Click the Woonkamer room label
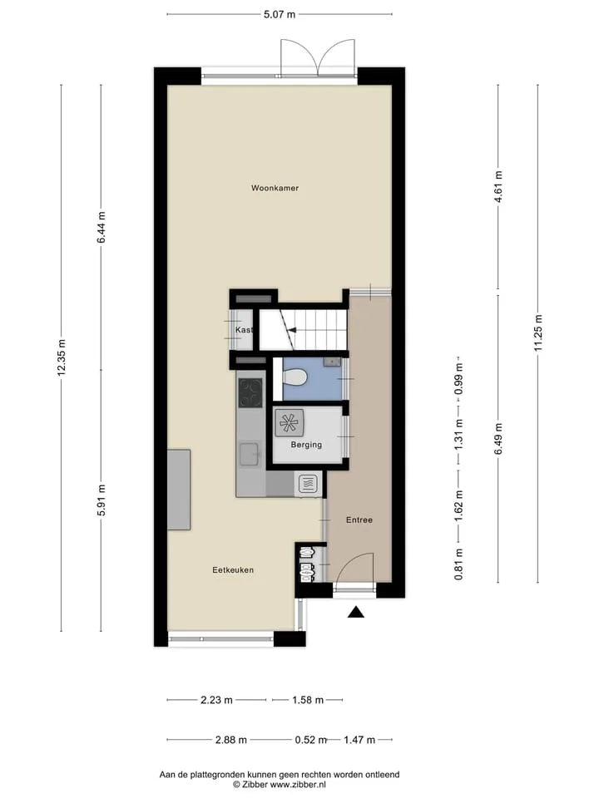275,188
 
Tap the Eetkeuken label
233,570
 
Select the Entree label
359,520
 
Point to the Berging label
306,444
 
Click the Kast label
244,330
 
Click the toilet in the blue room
295,378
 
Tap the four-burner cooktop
250,393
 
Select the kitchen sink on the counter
250,454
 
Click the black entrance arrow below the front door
356,613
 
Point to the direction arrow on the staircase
292,330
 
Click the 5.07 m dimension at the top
280,14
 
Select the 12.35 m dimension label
62,357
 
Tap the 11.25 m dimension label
538,332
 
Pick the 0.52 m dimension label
310,740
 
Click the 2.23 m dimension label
216,700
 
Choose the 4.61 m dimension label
498,186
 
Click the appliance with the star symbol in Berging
290,423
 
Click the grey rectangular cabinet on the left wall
179,490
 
